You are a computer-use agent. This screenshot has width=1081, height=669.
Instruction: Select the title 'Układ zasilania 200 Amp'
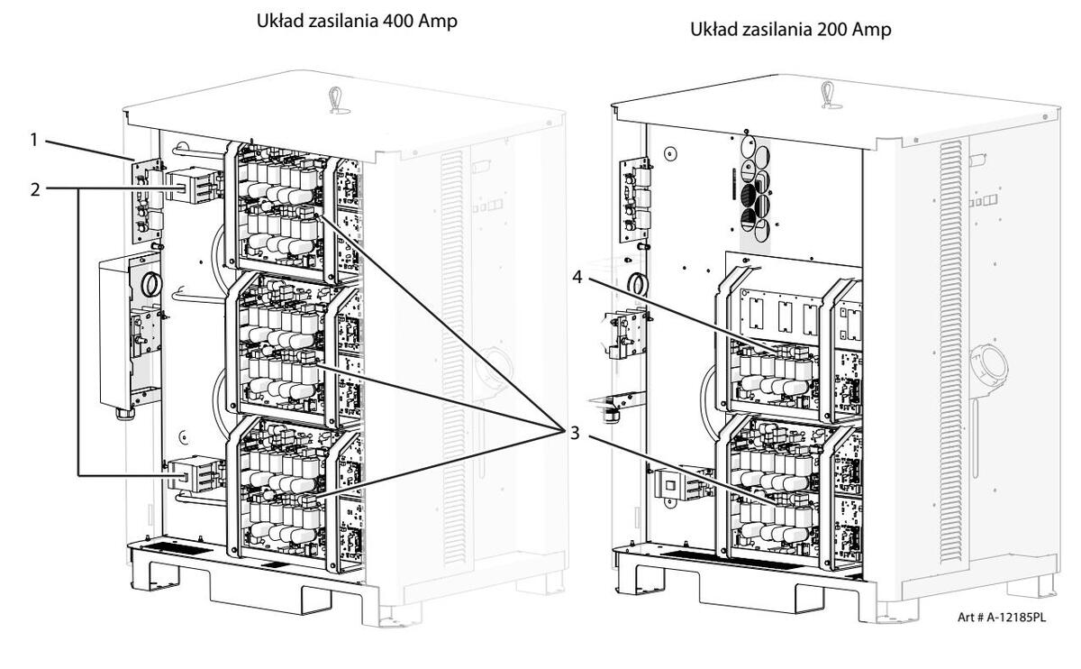pos(790,31)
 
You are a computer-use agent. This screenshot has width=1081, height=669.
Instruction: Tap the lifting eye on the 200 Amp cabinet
pos(827,93)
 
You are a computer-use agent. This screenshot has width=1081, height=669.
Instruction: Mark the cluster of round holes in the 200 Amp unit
pos(755,185)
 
